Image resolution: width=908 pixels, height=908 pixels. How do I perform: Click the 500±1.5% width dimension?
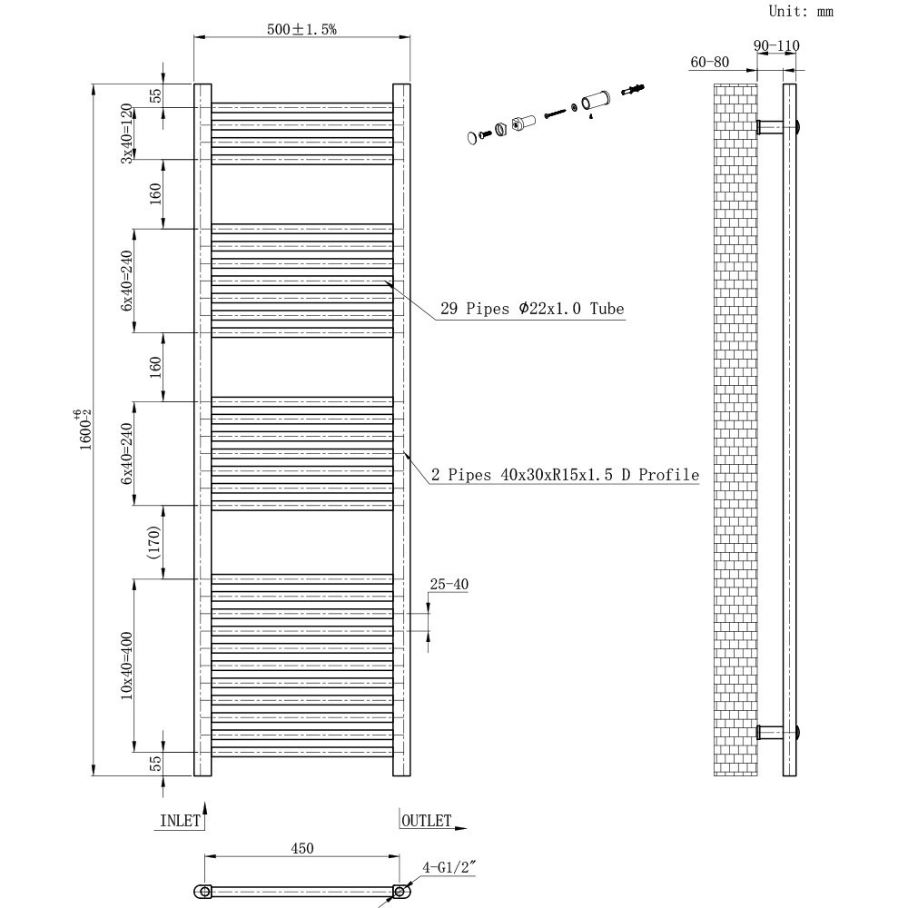click(x=301, y=29)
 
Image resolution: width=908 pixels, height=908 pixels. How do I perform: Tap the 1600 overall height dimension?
click(x=85, y=429)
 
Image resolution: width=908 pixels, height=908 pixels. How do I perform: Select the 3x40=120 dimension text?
click(x=127, y=133)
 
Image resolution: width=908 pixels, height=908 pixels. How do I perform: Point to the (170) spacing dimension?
click(x=153, y=542)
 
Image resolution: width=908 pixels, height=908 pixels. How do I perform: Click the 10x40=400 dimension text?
click(x=127, y=666)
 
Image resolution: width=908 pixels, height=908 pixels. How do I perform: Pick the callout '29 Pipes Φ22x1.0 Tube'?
click(x=532, y=309)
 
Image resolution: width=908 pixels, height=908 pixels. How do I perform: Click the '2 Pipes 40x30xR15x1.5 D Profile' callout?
click(x=565, y=475)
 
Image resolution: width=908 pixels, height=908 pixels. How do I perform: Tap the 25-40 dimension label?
click(x=449, y=584)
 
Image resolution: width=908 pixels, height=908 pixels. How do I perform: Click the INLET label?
click(x=180, y=821)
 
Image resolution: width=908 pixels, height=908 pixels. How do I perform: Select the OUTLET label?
click(x=426, y=821)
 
